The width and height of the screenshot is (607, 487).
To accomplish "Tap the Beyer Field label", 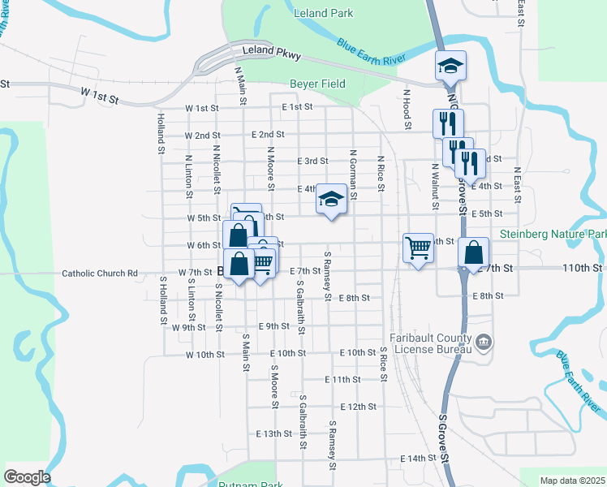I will (317, 84).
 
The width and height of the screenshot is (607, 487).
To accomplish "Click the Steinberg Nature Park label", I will (553, 235).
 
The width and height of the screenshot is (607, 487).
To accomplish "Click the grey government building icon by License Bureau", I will (484, 341).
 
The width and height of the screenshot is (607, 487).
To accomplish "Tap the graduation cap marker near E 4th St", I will (331, 200).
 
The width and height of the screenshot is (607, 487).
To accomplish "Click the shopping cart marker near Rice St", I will (418, 248).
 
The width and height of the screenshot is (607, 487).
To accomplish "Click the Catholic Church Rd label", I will (100, 274).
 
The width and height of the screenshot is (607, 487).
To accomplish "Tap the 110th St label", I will (584, 267).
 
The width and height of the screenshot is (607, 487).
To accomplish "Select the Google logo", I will (27, 477).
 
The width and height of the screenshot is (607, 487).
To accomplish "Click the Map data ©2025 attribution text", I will (571, 481).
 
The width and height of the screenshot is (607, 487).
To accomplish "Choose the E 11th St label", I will (342, 380).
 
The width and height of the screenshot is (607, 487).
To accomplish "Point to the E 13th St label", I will (272, 433).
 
